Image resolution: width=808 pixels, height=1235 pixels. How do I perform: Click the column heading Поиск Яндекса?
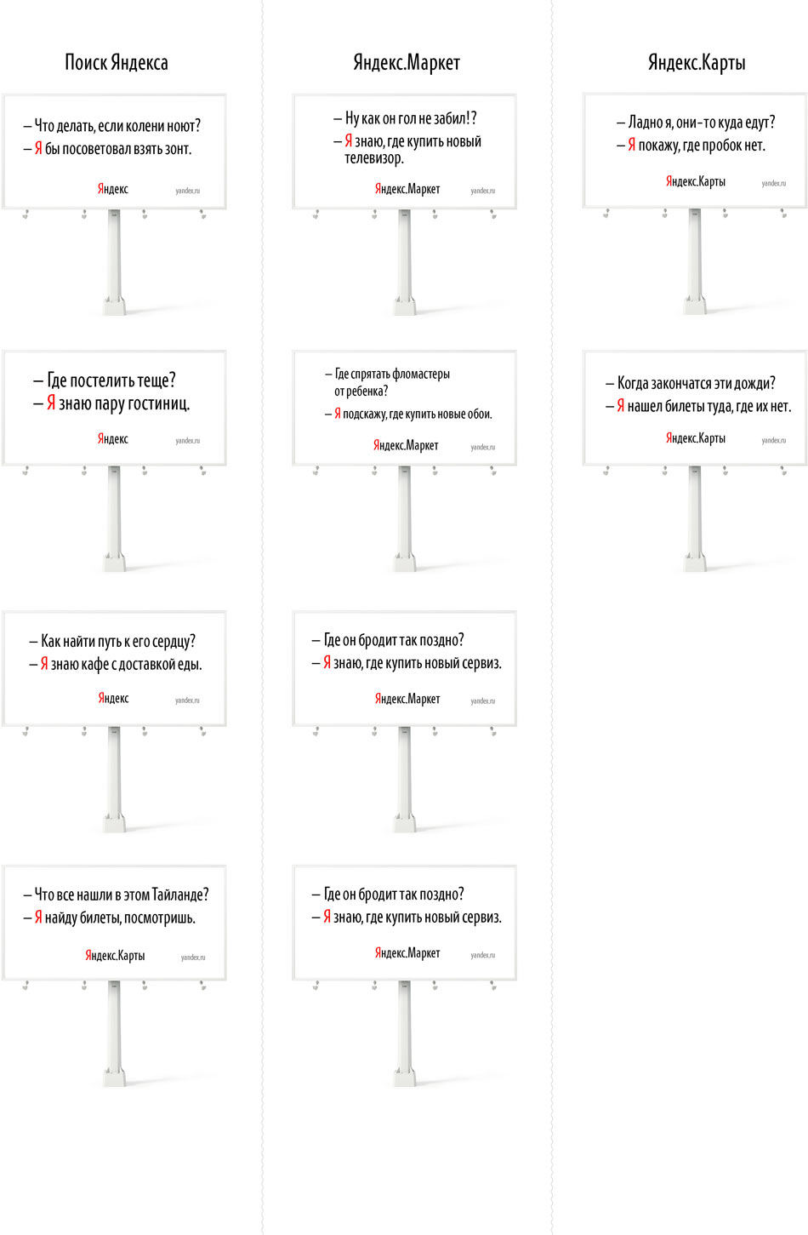click(117, 62)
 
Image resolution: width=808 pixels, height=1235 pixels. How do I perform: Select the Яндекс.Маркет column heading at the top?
click(407, 62)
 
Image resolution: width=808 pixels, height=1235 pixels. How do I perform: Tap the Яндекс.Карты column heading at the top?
click(697, 62)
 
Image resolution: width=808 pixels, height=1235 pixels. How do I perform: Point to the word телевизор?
click(373, 158)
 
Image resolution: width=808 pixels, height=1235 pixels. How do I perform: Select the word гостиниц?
click(159, 403)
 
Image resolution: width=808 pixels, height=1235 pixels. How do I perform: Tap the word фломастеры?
click(421, 374)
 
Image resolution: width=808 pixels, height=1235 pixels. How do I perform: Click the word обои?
click(479, 415)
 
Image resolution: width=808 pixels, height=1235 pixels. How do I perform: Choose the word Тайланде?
click(179, 895)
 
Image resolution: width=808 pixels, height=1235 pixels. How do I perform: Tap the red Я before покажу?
click(632, 146)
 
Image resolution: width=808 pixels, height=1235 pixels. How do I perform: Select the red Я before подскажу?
click(338, 414)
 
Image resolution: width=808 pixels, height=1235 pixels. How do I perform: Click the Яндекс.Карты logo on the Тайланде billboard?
click(115, 955)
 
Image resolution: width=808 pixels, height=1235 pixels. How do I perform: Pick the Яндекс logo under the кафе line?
click(113, 698)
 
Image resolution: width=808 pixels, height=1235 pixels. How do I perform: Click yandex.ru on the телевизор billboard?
click(482, 191)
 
